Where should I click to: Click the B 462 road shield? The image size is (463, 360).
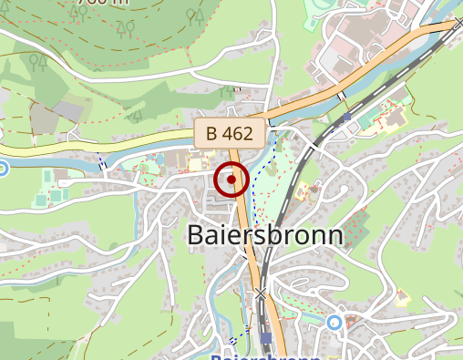229,133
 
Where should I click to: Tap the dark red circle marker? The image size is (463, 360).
231,180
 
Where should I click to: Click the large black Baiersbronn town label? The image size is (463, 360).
265,234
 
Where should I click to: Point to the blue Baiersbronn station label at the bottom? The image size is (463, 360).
265,355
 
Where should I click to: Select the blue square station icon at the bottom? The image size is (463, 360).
265,338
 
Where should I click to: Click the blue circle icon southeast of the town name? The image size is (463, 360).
334,322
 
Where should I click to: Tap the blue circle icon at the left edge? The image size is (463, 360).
2,167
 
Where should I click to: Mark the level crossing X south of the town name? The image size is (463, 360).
262,293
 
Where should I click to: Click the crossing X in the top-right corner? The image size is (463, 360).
458,25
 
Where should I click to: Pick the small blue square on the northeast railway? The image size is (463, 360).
347,117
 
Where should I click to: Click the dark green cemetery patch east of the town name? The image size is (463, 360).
357,228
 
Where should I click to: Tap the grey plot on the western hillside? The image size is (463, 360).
68,110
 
